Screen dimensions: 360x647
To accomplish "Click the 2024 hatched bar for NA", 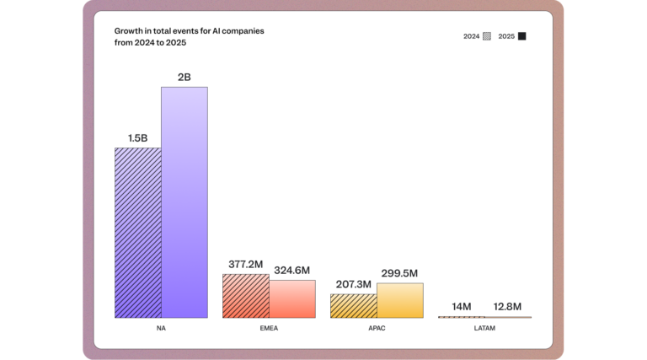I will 137,233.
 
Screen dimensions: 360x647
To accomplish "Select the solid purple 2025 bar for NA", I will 184,202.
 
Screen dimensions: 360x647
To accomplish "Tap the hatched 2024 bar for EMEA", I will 245,296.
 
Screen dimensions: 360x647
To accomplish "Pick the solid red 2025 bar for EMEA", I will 292,299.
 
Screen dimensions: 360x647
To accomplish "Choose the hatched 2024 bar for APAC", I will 353,305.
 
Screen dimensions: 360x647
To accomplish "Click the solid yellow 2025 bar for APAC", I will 399,300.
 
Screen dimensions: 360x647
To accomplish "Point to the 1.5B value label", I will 137,137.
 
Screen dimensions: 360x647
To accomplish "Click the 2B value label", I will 184,77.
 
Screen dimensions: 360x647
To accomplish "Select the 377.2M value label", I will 245,264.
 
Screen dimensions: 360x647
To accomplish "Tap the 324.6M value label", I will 292,270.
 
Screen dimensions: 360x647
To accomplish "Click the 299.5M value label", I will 399,273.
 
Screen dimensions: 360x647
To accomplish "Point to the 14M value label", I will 461,306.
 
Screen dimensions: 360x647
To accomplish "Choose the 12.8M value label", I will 507,306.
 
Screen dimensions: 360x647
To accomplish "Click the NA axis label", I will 161,328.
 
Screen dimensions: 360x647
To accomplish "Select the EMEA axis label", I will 269,328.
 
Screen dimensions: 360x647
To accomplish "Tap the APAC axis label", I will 377,328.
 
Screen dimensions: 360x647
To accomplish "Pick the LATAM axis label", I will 484,328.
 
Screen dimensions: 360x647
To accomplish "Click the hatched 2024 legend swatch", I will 487,36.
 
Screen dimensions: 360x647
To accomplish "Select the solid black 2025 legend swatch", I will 522,36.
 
